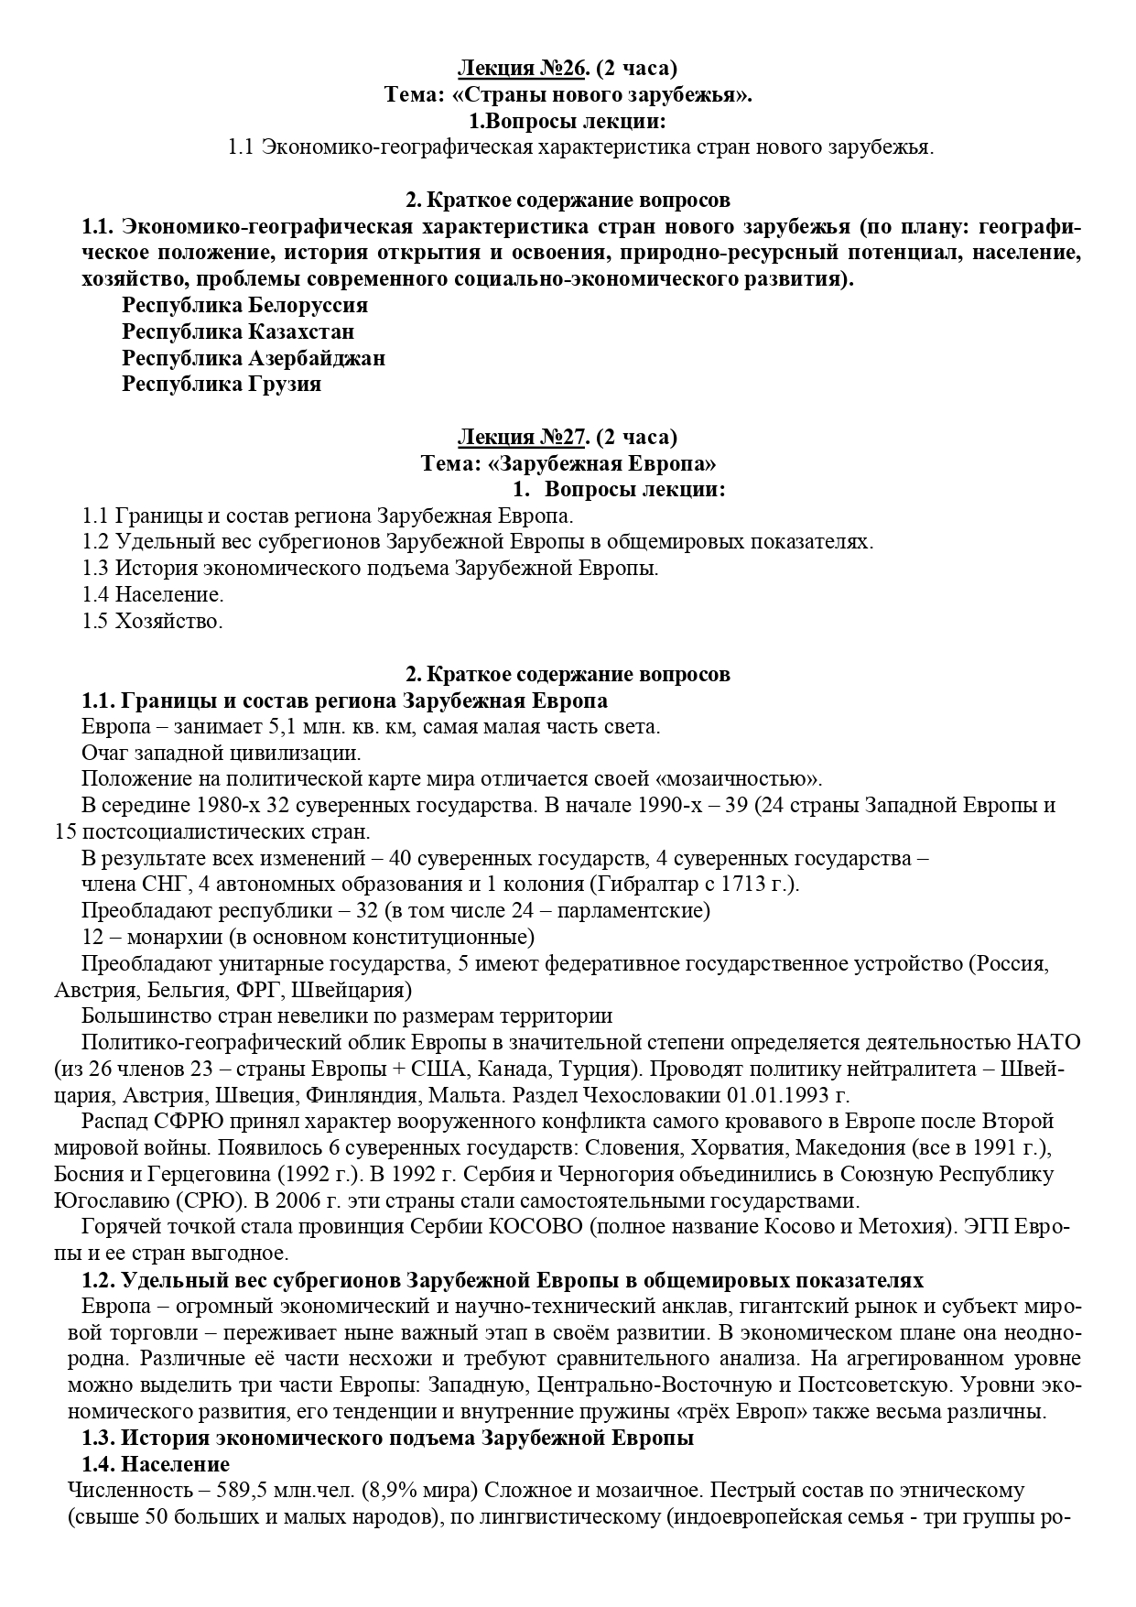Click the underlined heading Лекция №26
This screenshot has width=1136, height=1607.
pos(521,68)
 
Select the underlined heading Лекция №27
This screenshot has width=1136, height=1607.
pos(521,436)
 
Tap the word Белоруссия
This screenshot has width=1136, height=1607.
pos(308,304)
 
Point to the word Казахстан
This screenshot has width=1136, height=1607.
pos(300,331)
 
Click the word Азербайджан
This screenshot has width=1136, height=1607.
pos(316,357)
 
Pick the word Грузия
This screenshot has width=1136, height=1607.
pos(284,384)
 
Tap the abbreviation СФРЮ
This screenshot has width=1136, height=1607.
pos(175,1121)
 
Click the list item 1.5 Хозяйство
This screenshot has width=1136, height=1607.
pos(152,621)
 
